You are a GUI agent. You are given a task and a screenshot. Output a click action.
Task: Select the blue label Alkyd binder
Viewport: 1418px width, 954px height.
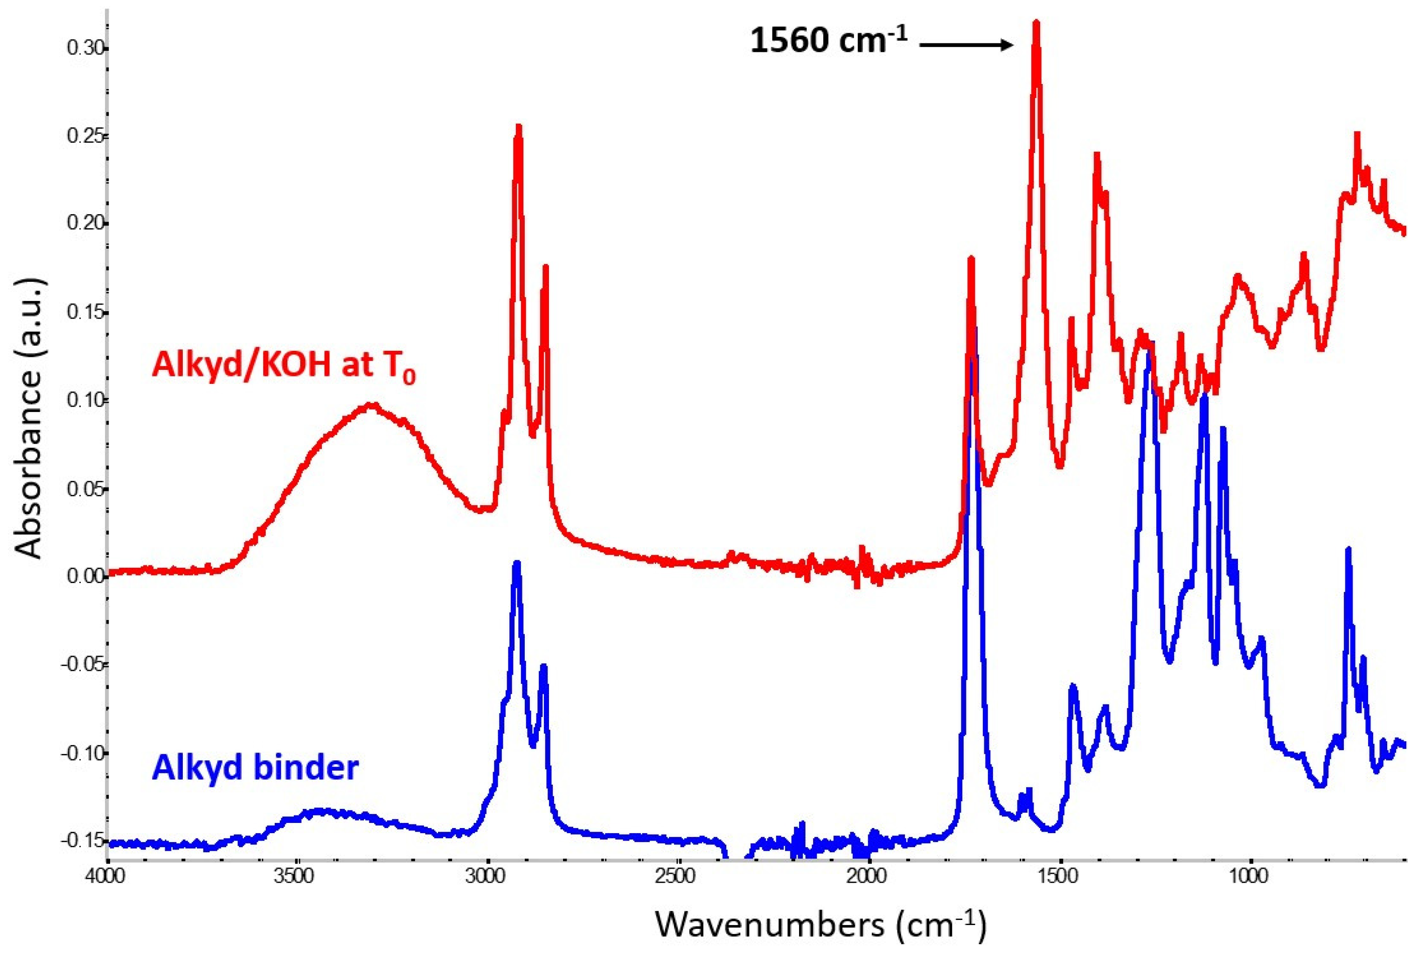pos(256,768)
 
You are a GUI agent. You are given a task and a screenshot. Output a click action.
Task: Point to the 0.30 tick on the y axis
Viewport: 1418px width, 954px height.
pos(86,49)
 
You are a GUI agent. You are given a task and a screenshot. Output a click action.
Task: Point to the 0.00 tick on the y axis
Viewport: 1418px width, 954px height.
pos(86,576)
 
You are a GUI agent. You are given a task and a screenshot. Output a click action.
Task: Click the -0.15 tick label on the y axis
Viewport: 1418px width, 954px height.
pos(83,840)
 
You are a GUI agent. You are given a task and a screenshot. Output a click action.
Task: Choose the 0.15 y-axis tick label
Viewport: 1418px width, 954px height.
pos(86,313)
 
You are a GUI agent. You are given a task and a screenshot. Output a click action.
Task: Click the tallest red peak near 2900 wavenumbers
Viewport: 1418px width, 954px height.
pos(518,126)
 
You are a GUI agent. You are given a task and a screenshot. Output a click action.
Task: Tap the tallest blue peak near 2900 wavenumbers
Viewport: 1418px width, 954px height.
pos(516,563)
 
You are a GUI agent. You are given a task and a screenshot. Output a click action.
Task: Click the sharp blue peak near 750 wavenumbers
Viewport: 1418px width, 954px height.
pos(1348,550)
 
